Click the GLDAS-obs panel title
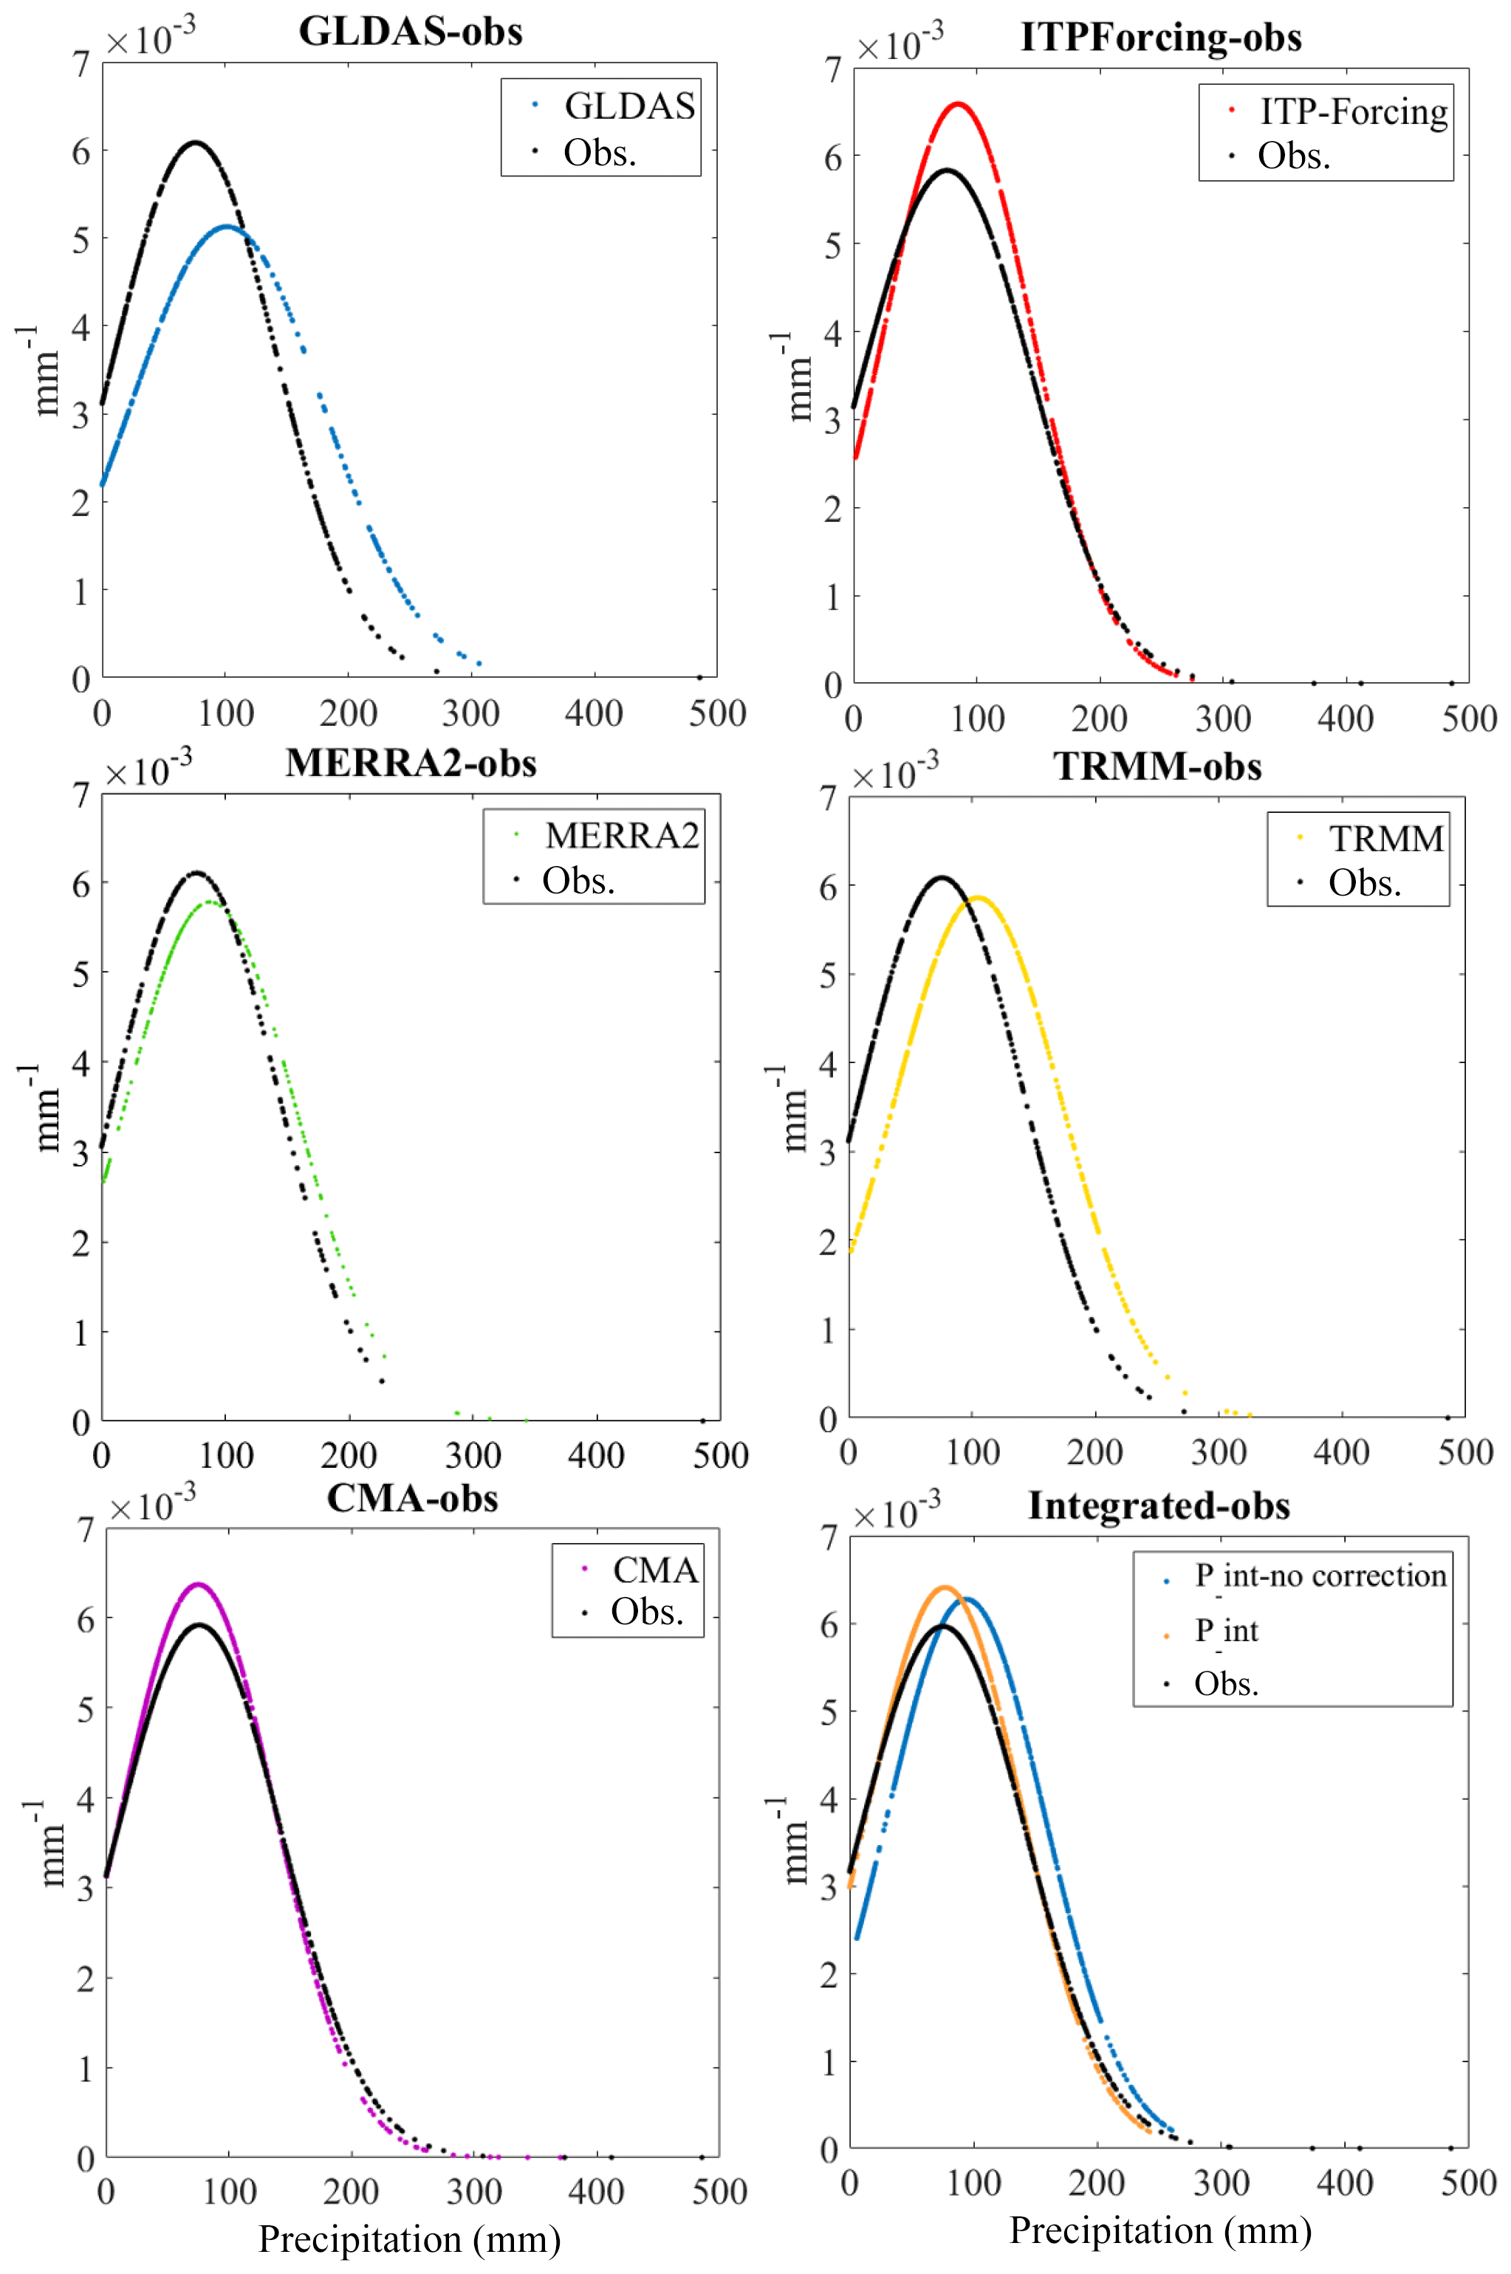tap(411, 32)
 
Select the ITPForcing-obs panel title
tap(1160, 38)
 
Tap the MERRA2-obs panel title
tap(411, 763)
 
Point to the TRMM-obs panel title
tap(1157, 766)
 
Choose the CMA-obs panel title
tap(412, 1498)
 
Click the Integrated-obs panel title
tap(1158, 1505)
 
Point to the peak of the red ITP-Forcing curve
tap(959, 103)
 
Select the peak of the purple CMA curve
tap(199, 1584)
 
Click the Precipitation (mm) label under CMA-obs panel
tap(410, 2239)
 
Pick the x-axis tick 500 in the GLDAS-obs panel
tap(717, 714)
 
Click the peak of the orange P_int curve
tap(945, 1587)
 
